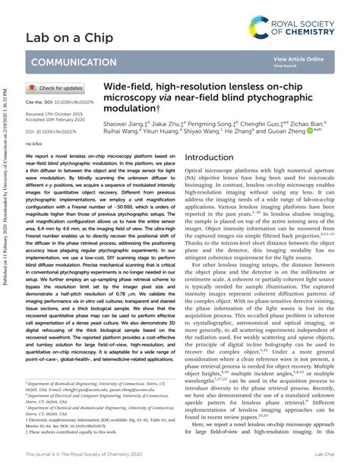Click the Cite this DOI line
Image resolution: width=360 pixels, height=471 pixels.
click(60, 100)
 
